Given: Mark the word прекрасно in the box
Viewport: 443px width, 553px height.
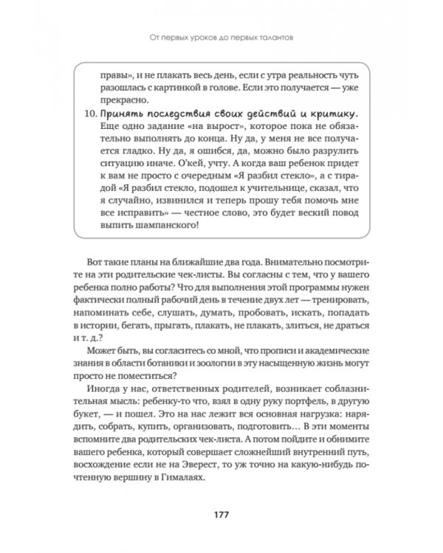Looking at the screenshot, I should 125,98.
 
